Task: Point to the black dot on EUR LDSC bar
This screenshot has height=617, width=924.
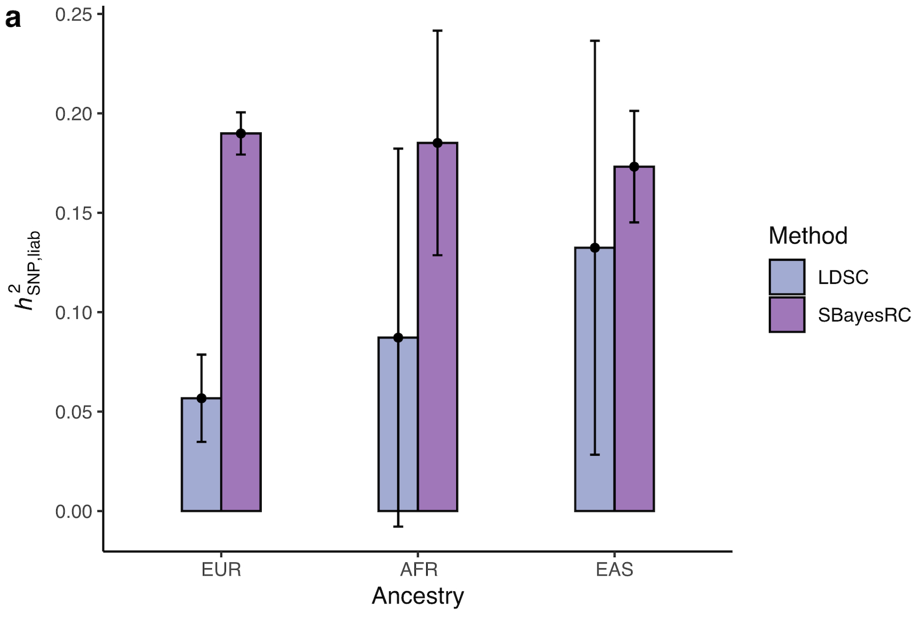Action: pos(201,398)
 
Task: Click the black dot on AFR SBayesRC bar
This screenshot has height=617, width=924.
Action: pos(437,143)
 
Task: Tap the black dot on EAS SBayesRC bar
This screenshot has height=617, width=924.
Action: pos(634,167)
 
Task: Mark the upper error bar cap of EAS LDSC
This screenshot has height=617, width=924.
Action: pos(595,41)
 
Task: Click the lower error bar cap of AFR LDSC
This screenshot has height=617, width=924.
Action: pos(398,526)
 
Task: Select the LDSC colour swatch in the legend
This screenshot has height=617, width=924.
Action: pos(786,277)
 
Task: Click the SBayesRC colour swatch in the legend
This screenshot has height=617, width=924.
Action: pos(786,315)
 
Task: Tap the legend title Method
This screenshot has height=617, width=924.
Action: pos(807,236)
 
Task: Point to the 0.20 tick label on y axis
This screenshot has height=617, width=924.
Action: pos(73,114)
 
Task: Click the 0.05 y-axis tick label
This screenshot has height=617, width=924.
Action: pos(73,412)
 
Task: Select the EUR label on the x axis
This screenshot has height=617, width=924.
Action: pos(221,569)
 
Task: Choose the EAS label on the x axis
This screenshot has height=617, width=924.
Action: pos(614,569)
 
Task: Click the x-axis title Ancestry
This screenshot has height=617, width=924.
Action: pos(418,596)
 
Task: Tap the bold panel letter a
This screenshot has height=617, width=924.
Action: pos(13,19)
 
